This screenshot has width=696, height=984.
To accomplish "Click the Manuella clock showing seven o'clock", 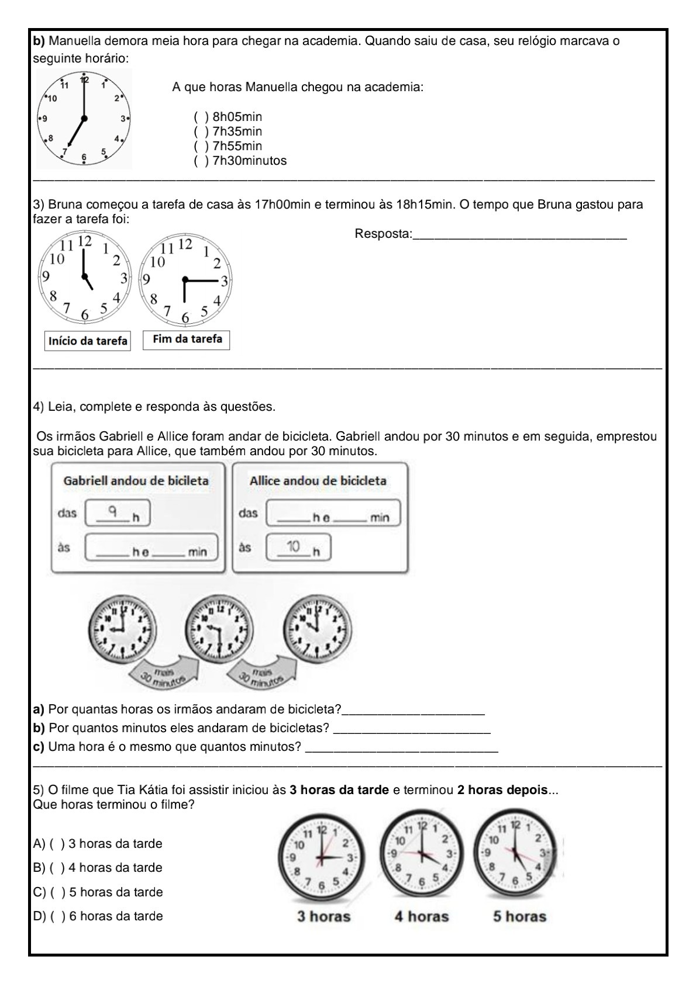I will [x=84, y=119].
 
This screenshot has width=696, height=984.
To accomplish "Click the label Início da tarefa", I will [x=88, y=341].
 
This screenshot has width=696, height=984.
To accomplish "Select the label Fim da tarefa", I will [x=187, y=339].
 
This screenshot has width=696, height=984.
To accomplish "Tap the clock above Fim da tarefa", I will [x=185, y=279].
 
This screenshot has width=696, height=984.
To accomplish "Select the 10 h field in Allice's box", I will [x=298, y=548].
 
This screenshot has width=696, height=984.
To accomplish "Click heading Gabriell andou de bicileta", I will [x=136, y=481].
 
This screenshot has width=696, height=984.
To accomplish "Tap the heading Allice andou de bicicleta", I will [x=318, y=481].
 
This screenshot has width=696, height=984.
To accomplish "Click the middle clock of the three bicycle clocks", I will [x=219, y=629].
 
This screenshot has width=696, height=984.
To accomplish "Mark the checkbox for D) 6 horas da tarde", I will [x=56, y=916].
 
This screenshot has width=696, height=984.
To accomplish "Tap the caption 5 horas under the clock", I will [x=519, y=916].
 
